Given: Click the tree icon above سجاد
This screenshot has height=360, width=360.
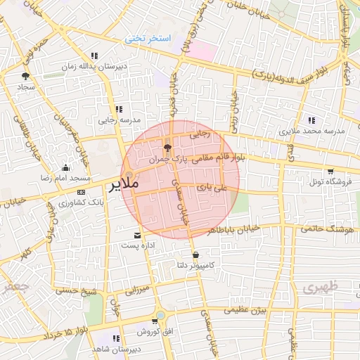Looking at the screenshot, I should coord(26,75).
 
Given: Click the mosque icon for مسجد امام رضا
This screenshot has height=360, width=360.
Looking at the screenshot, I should coord(66,167).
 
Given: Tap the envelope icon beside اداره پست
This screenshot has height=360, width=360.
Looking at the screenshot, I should coord(136,235).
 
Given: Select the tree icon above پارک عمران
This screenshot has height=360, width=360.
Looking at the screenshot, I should coord(167,148).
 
